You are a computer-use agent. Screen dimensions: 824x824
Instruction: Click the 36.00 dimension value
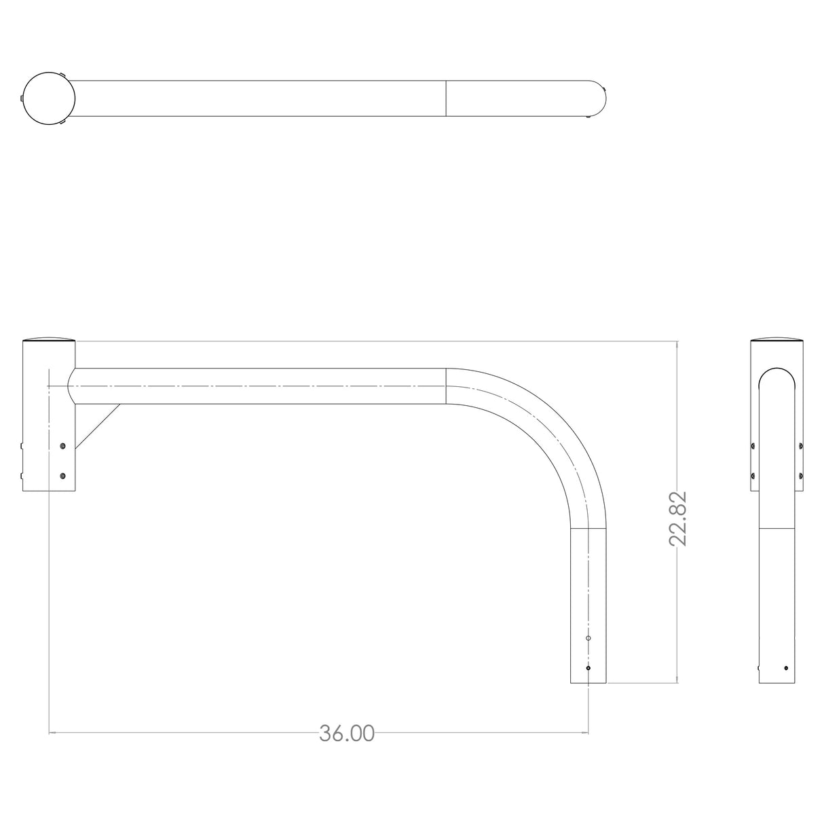(347, 734)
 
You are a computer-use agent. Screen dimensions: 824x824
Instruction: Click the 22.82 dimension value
(678, 519)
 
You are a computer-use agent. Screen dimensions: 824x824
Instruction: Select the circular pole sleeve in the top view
(49, 98)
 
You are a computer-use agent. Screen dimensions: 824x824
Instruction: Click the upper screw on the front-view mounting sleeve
(63, 445)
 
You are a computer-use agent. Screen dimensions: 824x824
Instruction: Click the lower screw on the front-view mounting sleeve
(63, 476)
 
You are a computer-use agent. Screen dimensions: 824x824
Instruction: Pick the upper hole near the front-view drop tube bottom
(588, 639)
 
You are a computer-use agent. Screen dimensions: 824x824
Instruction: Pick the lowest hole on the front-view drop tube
(588, 668)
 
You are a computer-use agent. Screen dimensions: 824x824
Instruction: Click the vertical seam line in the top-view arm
(446, 98)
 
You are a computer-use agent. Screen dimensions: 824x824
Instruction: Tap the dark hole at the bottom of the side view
(787, 668)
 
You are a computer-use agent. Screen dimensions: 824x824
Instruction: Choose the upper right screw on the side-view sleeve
(802, 445)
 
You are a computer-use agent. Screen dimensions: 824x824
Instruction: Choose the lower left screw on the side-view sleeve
(753, 475)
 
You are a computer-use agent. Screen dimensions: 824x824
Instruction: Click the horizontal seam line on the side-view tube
(777, 527)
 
